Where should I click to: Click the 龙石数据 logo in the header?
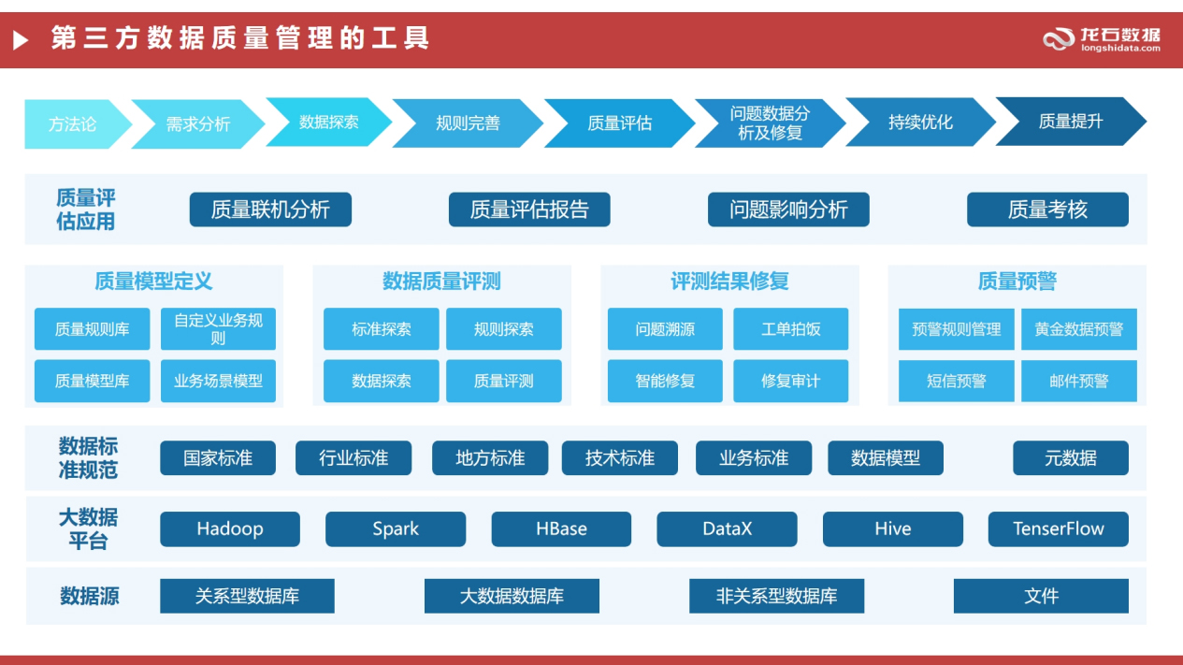tap(1102, 39)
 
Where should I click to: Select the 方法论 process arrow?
tap(72, 123)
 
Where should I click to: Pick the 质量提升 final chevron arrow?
tap(1070, 122)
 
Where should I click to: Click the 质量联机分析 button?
tap(270, 210)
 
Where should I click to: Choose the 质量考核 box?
tap(1047, 210)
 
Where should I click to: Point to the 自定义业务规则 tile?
tap(218, 329)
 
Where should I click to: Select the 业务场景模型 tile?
tap(218, 381)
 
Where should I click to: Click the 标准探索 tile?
tap(381, 329)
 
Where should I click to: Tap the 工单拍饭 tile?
tap(790, 329)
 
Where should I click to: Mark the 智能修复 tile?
tap(665, 381)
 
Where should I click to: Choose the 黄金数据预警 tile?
tap(1078, 329)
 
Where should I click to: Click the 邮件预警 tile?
tap(1078, 381)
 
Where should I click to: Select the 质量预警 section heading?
tap(1017, 281)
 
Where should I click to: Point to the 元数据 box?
tap(1070, 458)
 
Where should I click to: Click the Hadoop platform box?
tap(229, 528)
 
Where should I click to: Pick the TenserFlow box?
tap(1058, 528)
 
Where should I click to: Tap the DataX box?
tap(727, 528)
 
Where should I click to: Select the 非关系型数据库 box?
tap(776, 596)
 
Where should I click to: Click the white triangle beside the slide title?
tap(21, 39)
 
